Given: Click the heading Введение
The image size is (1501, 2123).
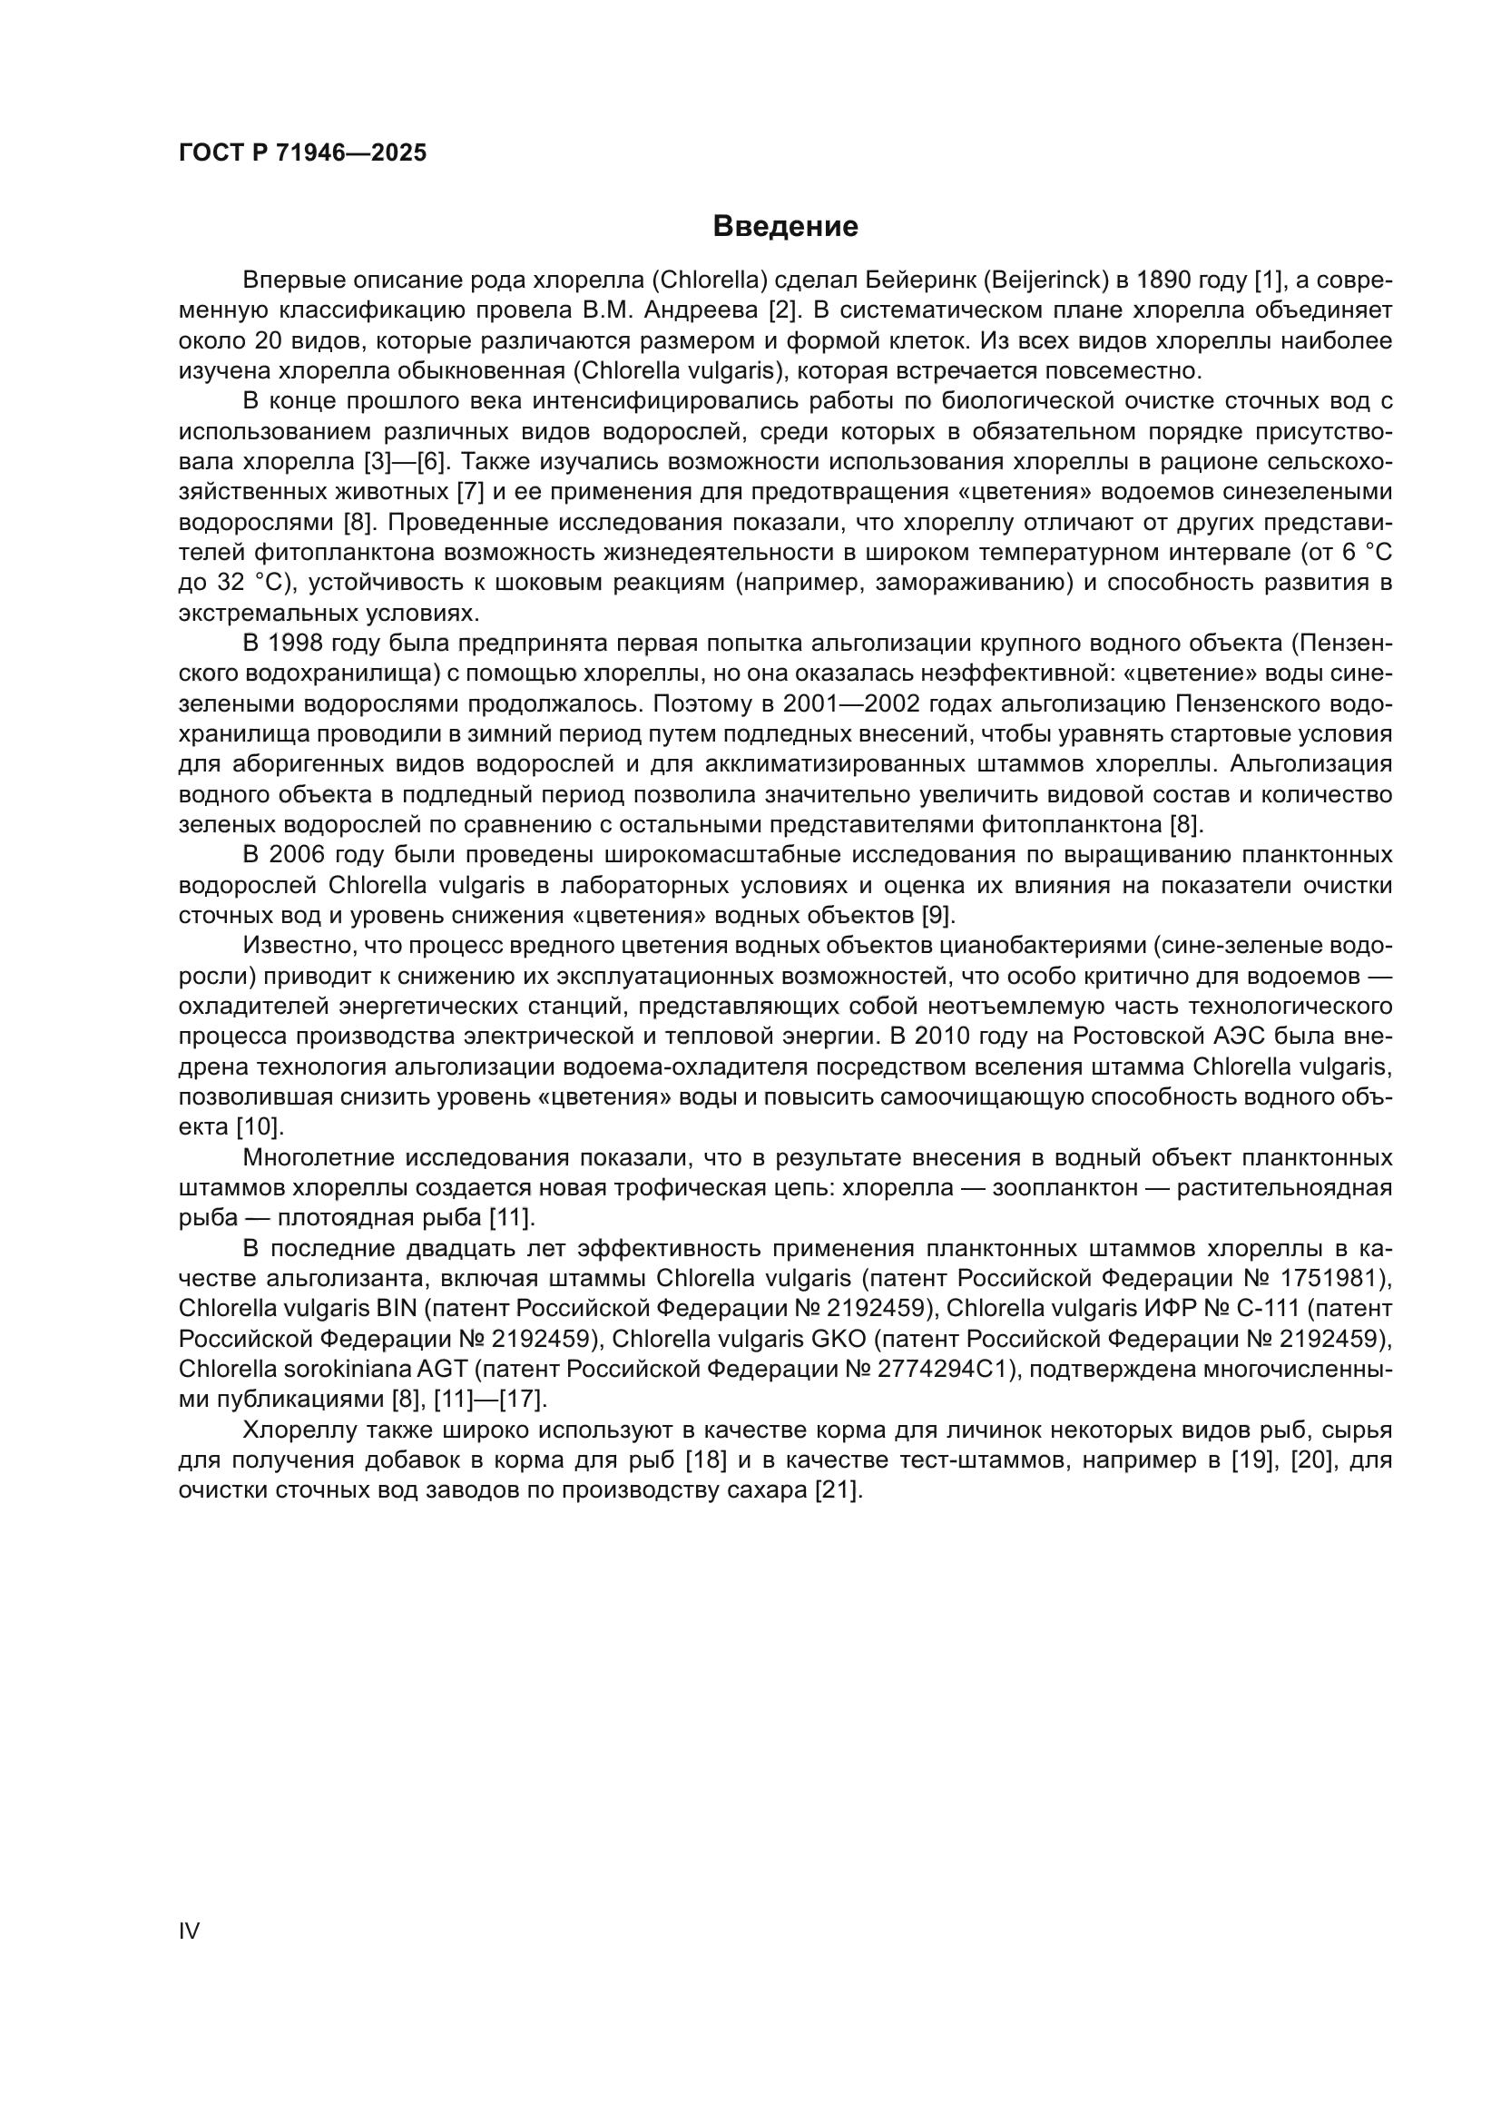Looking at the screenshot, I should click(785, 227).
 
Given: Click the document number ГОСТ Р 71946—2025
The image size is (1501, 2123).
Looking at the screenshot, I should click(302, 152).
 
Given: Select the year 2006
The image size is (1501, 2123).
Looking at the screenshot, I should click(299, 854).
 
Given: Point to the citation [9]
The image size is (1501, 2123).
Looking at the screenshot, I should click(939, 916).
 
